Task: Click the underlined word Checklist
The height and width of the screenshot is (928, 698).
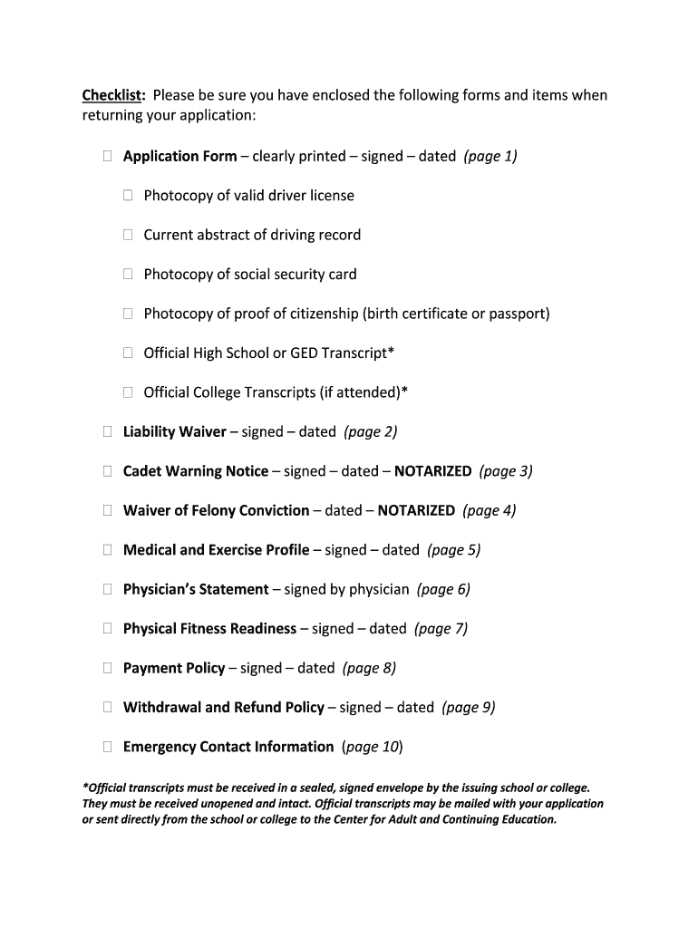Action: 113,95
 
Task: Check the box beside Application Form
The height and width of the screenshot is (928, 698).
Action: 107,157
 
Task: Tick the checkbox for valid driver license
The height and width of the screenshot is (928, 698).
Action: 128,196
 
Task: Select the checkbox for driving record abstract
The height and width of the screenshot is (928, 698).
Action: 128,235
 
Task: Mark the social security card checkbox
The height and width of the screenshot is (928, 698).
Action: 128,275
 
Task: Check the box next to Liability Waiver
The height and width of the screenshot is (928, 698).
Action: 107,432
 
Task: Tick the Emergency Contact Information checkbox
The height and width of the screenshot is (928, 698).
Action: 107,747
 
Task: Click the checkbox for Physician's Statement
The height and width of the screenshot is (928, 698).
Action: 107,589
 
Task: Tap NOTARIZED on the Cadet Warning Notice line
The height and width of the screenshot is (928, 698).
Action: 432,471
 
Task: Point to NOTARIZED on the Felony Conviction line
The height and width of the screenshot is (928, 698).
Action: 416,510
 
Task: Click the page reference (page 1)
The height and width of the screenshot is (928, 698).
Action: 490,156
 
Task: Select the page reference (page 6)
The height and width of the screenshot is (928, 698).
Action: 443,589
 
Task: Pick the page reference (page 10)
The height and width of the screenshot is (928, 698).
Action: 372,747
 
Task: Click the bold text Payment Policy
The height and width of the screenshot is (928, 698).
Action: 174,668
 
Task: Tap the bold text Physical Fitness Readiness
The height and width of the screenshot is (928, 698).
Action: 209,628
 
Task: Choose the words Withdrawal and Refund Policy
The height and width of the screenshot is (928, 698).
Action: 223,707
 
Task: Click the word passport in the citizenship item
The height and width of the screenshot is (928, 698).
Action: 518,314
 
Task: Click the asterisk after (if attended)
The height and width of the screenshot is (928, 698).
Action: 404,391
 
